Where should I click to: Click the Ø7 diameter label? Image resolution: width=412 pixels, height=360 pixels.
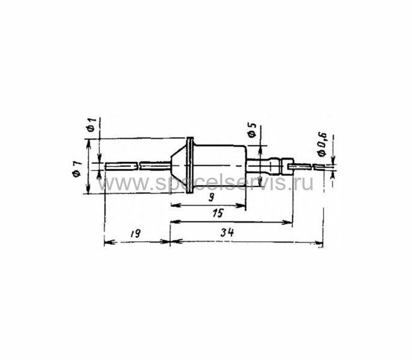tap(77, 169)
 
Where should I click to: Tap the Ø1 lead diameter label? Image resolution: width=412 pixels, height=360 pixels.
tap(91, 125)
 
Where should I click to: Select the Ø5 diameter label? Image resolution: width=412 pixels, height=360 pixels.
tap(252, 130)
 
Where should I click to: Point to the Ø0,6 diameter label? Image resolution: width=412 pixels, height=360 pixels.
tap(323, 143)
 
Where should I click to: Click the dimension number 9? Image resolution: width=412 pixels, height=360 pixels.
tap(211, 197)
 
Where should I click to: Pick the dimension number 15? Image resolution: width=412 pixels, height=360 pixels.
tap(217, 213)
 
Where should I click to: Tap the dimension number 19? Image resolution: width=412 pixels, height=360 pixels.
tap(136, 233)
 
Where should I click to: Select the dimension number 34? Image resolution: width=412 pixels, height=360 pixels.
tap(227, 232)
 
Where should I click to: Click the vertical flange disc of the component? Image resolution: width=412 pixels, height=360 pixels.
tap(190, 166)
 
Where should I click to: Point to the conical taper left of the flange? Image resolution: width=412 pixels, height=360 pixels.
tap(179, 166)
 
